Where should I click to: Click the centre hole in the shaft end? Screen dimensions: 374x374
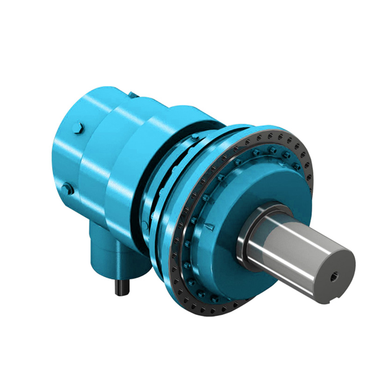tap(333, 277)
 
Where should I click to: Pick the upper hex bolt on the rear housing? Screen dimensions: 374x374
tap(78, 129)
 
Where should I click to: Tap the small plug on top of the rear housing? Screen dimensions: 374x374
tap(133, 95)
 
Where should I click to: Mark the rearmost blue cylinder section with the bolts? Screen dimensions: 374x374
tap(70, 154)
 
